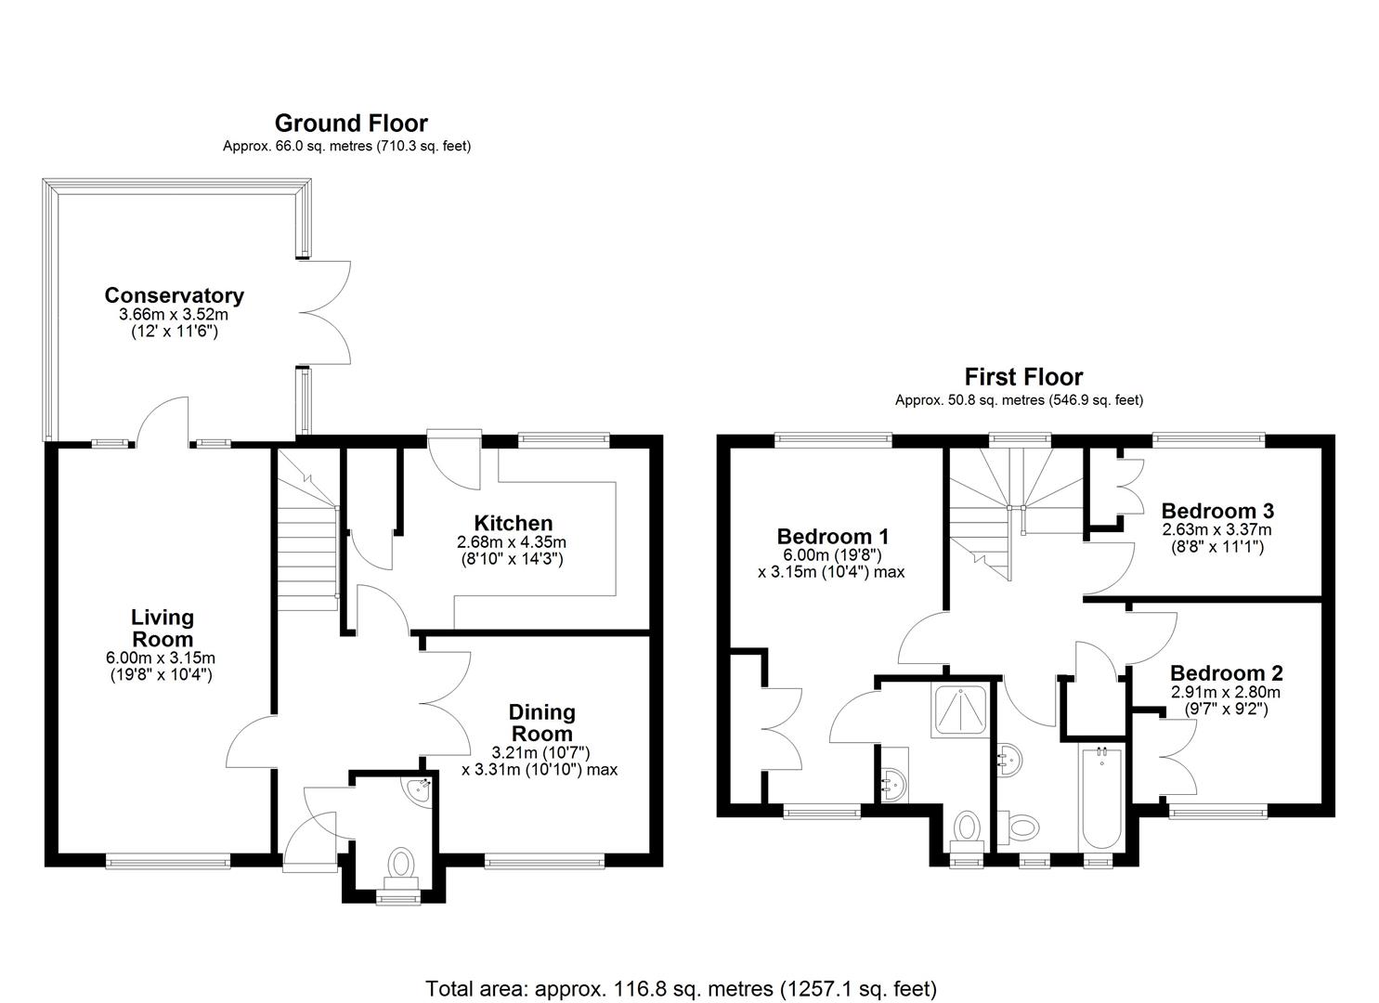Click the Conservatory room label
point(175,295)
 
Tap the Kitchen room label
point(513,524)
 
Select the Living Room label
point(163,628)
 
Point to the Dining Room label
point(541,723)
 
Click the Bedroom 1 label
point(832,536)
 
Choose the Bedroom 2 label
point(1227,673)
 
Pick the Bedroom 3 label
point(1217,511)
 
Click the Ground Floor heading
point(351,124)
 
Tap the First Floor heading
point(1023,376)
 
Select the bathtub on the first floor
point(1102,798)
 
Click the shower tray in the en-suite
point(960,711)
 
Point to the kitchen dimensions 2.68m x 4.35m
point(512,542)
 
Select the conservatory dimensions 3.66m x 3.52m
point(174,315)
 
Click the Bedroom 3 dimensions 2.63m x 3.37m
point(1217,529)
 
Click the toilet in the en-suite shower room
point(966,828)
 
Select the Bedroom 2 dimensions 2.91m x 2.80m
point(1226,692)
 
